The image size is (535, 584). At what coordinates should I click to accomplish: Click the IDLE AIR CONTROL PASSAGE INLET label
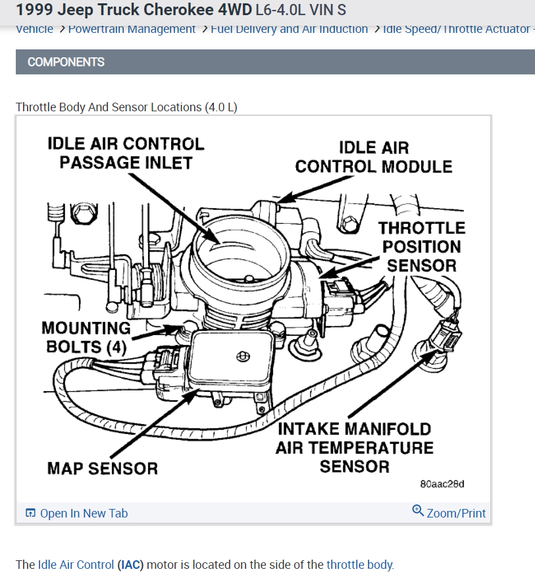tap(126, 153)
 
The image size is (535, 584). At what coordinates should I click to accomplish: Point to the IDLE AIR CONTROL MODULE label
tap(373, 157)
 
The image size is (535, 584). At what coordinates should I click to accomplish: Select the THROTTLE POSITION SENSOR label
tap(421, 247)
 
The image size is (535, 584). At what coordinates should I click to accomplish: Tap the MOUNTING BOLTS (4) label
tap(86, 336)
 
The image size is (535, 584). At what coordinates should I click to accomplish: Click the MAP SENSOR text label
tap(102, 468)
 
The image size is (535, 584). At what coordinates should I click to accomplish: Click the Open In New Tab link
tap(84, 514)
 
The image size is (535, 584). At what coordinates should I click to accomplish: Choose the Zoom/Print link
tap(456, 514)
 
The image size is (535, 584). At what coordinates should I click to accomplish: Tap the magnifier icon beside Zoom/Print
tap(418, 510)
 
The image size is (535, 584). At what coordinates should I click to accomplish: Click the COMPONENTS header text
tap(66, 62)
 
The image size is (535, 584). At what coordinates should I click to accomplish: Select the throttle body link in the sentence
tap(359, 564)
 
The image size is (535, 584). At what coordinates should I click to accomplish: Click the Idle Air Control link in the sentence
tap(76, 564)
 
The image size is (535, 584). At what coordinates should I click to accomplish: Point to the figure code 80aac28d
tap(442, 484)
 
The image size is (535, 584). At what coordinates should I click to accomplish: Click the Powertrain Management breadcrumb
tap(132, 29)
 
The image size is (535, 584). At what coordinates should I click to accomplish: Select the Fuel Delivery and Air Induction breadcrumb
tap(290, 29)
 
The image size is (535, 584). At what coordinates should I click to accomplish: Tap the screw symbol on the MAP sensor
tap(243, 356)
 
